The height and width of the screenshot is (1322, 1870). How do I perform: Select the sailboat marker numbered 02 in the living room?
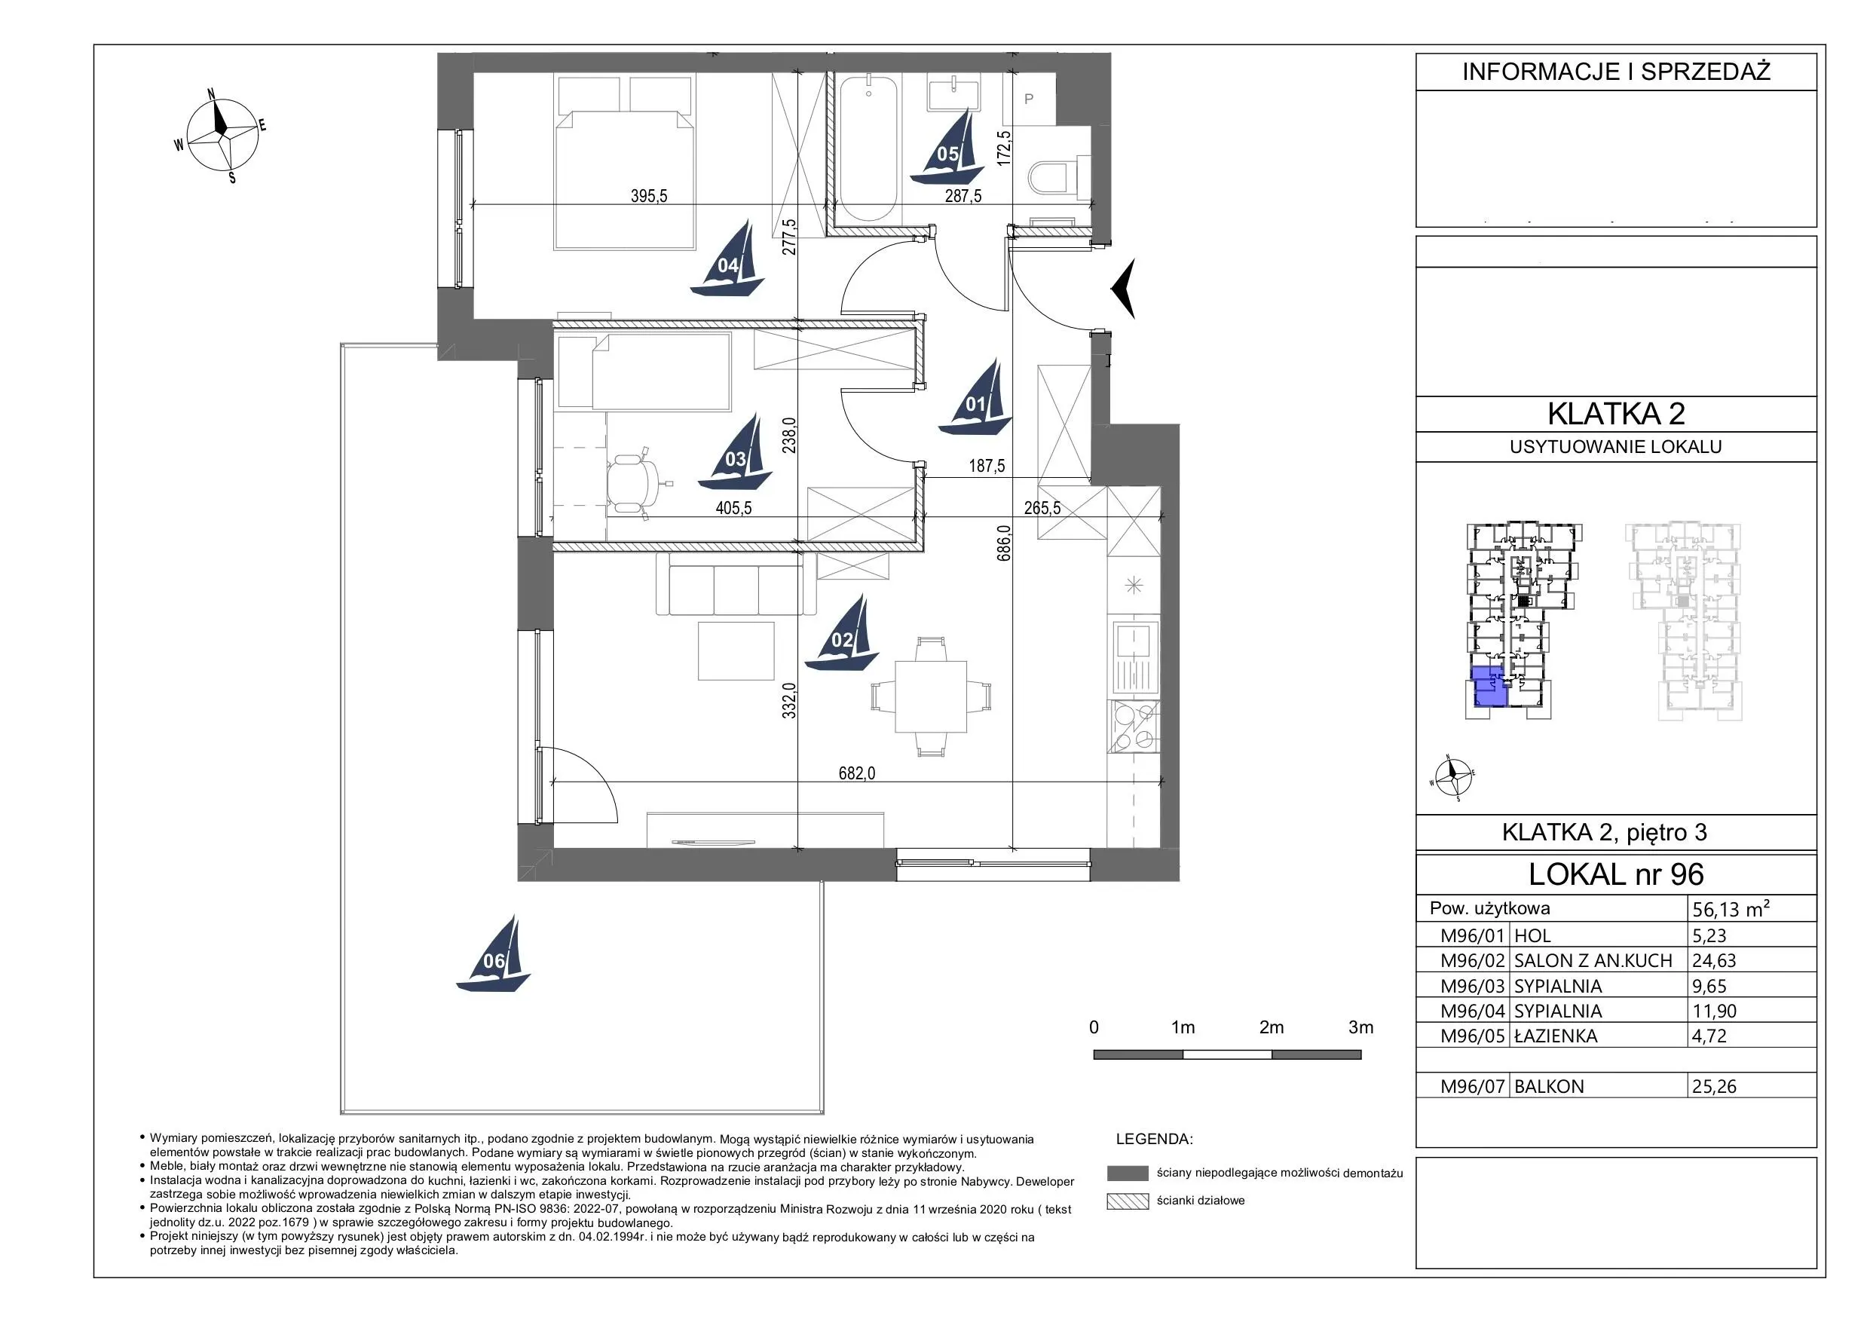click(x=842, y=633)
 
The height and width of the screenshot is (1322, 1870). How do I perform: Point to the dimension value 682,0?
click(x=857, y=773)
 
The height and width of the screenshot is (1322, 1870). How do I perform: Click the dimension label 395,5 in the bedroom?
click(x=648, y=195)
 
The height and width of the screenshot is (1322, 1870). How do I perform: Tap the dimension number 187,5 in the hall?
click(x=987, y=466)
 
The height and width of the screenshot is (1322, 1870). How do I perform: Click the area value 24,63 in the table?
click(x=1714, y=960)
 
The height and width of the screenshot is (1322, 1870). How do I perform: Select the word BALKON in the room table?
click(x=1548, y=1086)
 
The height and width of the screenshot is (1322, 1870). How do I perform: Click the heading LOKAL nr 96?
click(x=1616, y=874)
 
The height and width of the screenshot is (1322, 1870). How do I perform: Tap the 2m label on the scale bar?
click(x=1271, y=1027)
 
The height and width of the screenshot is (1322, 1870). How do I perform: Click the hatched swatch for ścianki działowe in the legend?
click(x=1128, y=1201)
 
